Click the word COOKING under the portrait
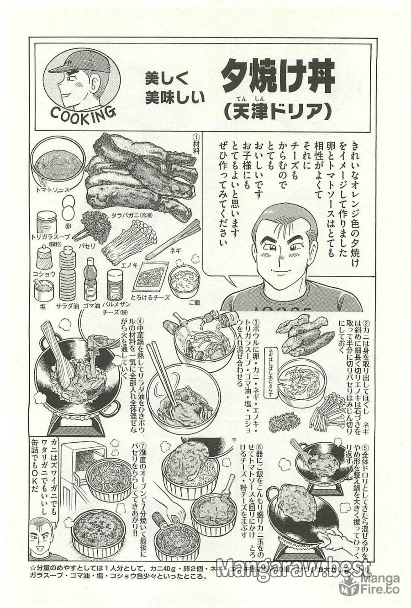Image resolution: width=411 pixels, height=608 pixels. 82,112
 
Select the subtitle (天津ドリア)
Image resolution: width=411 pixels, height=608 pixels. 277,112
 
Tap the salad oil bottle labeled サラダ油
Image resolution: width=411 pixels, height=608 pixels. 67,274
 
